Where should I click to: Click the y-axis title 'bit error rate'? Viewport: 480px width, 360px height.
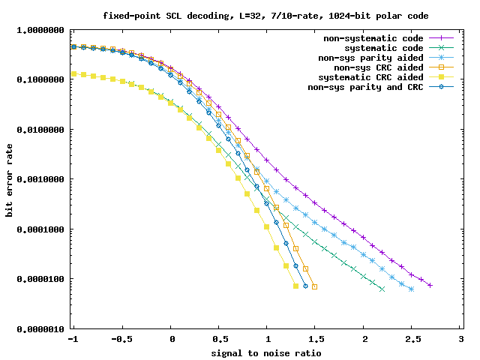(10, 180)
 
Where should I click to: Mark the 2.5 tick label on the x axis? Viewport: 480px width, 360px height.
(412, 340)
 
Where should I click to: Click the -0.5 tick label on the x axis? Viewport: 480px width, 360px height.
(122, 340)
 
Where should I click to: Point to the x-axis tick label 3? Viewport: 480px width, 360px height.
(460, 340)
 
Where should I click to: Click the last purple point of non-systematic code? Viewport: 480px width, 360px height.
(430, 285)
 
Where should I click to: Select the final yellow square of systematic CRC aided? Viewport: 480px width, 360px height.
(295, 286)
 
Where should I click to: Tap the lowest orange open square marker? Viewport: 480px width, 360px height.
(315, 286)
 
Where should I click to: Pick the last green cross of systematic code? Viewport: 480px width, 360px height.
(382, 289)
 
